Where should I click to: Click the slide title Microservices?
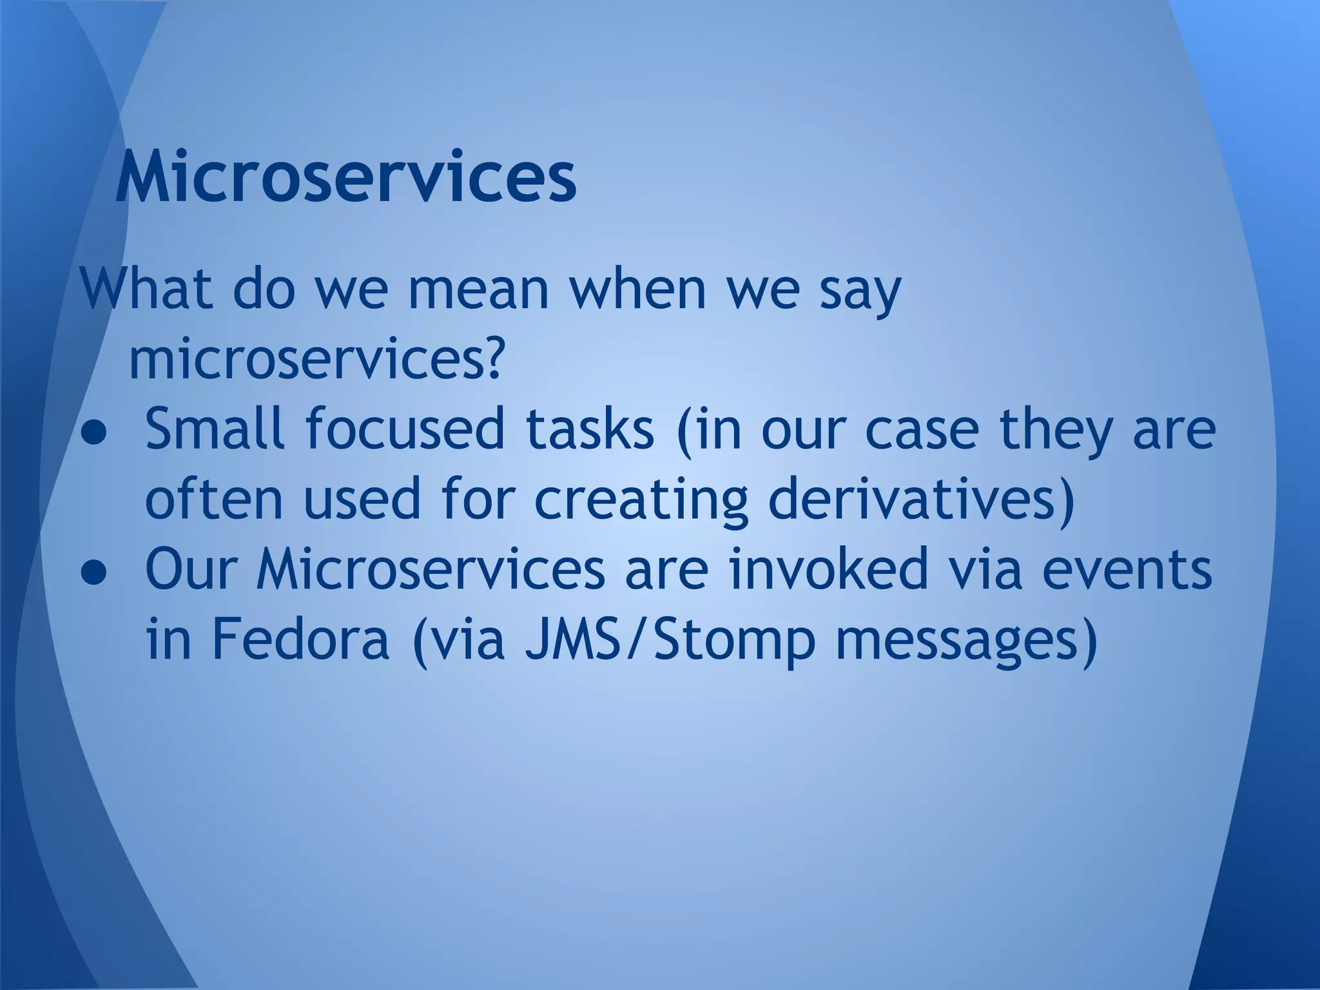(345, 175)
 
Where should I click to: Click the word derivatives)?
(922, 499)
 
